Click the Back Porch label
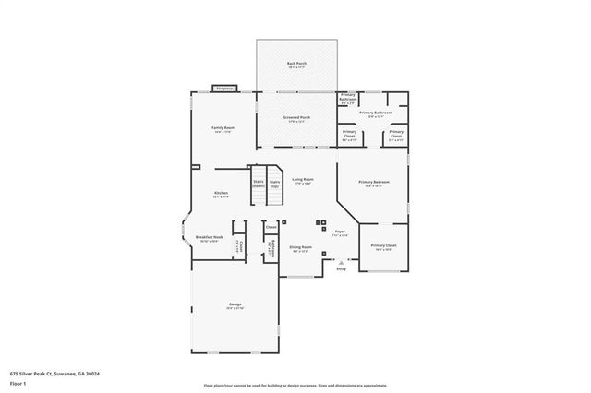click(296, 65)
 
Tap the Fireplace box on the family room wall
click(224, 89)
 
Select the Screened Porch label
click(296, 119)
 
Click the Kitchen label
click(222, 194)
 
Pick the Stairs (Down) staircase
click(259, 183)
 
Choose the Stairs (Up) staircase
click(274, 183)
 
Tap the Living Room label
click(302, 181)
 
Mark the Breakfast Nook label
click(207, 239)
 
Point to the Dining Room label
click(300, 248)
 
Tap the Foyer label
click(340, 232)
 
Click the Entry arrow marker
click(341, 262)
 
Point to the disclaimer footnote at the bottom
click(295, 384)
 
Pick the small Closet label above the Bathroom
click(271, 227)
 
